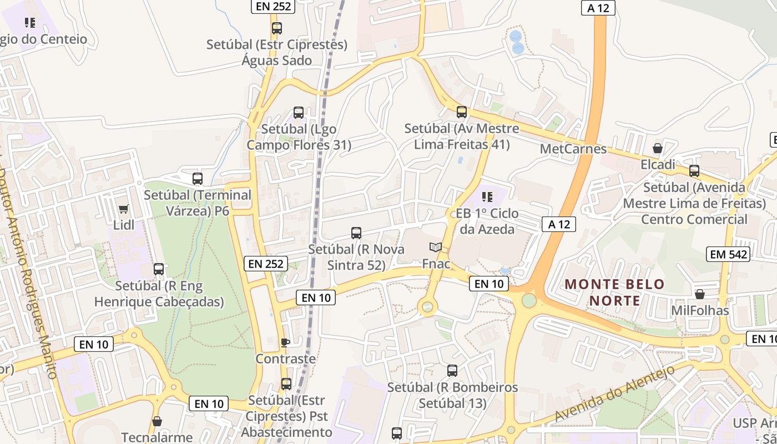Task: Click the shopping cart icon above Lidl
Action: pos(123,209)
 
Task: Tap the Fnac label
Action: pos(436,264)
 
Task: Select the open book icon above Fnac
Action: pos(436,248)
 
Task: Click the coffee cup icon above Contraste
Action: pos(285,342)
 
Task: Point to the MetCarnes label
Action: pos(573,149)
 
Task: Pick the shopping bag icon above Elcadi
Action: pos(658,148)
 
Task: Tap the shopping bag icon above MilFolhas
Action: pos(700,294)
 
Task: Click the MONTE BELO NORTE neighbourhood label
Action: pos(614,292)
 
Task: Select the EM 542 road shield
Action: pos(728,254)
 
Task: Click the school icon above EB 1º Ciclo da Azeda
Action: pos(487,196)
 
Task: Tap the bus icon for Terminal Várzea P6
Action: pos(198,179)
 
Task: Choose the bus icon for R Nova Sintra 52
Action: pos(356,233)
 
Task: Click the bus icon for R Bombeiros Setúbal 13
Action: pos(452,371)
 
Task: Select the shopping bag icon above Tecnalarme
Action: pos(157,421)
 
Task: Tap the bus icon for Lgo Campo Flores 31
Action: pos(299,113)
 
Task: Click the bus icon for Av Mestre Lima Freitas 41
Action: pos(462,112)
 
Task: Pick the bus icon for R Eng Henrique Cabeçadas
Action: pos(159,269)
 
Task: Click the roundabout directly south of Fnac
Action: pos(427,306)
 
